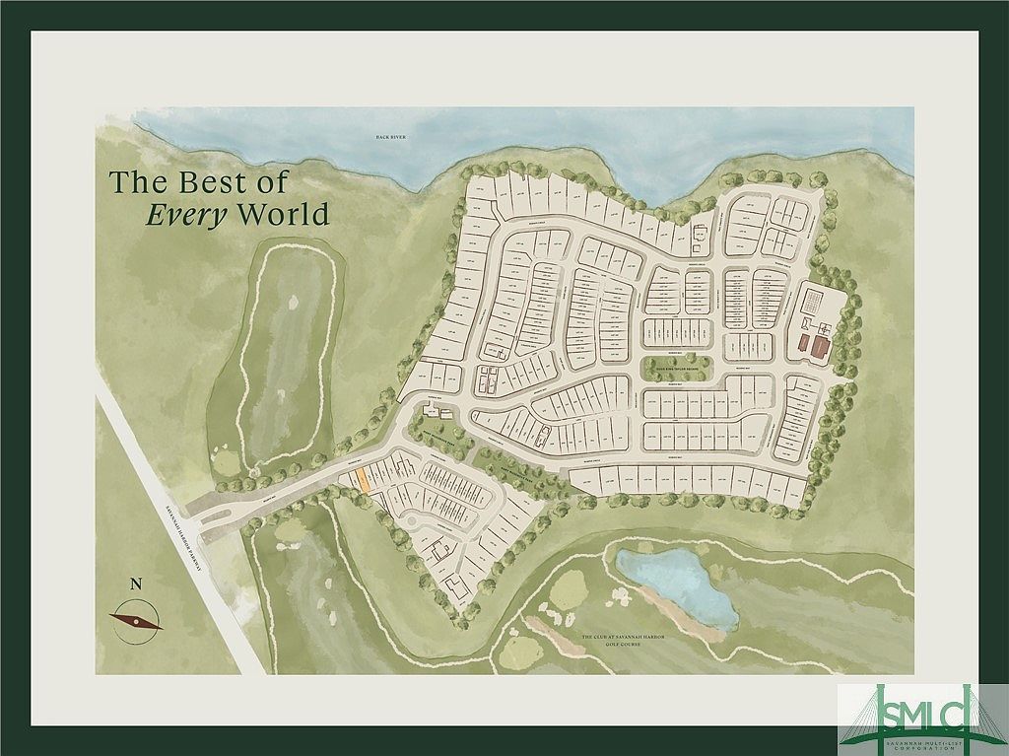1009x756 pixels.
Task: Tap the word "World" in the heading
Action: point(284,214)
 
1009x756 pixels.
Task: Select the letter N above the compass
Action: point(136,584)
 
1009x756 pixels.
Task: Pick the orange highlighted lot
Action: point(364,480)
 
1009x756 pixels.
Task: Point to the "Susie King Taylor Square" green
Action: point(676,367)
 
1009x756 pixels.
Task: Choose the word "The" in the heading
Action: point(136,182)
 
